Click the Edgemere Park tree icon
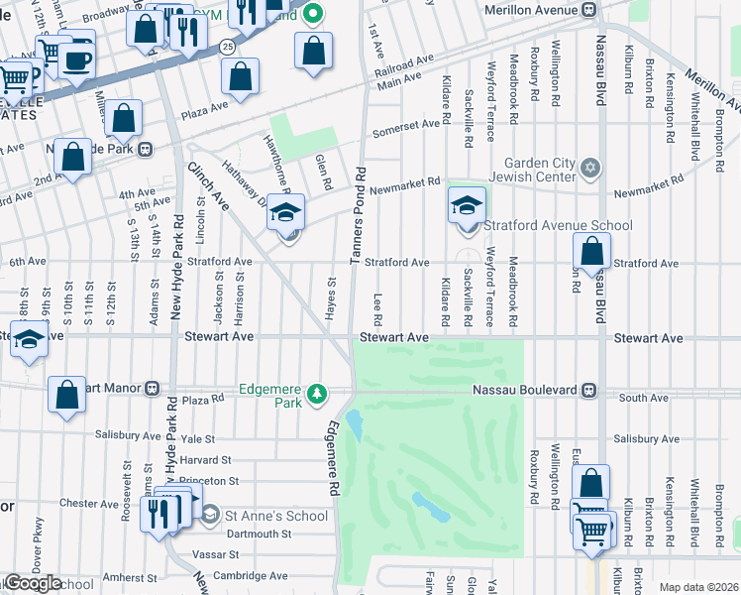pyautogui.click(x=317, y=395)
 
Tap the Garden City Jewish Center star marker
pyautogui.click(x=591, y=166)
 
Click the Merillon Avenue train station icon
pyautogui.click(x=589, y=10)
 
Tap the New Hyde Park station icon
pyautogui.click(x=145, y=150)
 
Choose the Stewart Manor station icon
pyautogui.click(x=153, y=388)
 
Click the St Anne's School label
pyautogui.click(x=276, y=516)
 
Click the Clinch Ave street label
pyautogui.click(x=209, y=186)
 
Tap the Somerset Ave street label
pyautogui.click(x=405, y=129)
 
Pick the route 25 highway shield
pyautogui.click(x=227, y=47)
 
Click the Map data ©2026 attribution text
pyautogui.click(x=698, y=587)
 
